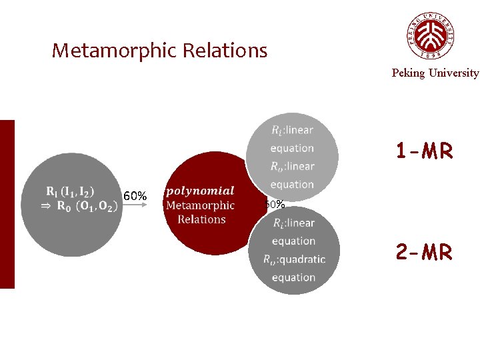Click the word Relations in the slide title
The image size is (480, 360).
tap(231, 51)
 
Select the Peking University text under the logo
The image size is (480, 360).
tap(435, 73)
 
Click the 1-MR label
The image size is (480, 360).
tap(424, 152)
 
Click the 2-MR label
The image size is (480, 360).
tap(424, 252)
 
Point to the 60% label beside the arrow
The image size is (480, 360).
tap(135, 196)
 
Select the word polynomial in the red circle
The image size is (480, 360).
tap(201, 191)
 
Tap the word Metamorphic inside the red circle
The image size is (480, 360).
tap(200, 205)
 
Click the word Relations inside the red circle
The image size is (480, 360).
tap(201, 219)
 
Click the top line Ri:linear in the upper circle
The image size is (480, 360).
tap(292, 129)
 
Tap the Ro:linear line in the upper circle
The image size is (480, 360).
tap(292, 166)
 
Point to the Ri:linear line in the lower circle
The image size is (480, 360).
tap(293, 223)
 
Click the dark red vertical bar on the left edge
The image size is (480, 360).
tap(7, 204)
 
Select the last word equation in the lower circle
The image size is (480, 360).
tap(293, 277)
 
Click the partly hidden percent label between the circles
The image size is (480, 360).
tap(275, 204)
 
